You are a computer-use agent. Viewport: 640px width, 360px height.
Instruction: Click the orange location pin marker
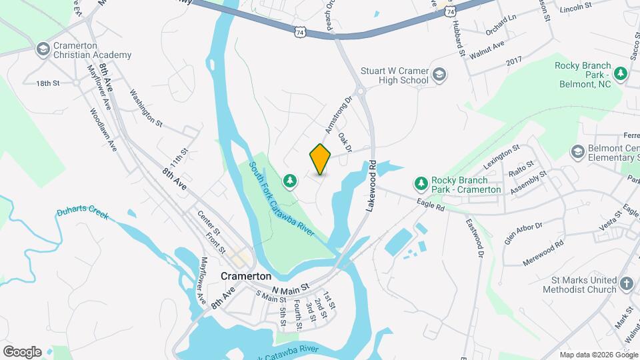[321, 159]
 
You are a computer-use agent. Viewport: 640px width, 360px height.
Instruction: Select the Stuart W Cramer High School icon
[439, 75]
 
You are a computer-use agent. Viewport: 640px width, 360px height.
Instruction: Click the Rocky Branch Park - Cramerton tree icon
[421, 183]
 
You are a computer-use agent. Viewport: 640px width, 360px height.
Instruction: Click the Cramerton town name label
[246, 276]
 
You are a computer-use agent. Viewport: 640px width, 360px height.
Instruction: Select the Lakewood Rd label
[371, 186]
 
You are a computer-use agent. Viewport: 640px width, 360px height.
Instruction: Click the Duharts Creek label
[82, 213]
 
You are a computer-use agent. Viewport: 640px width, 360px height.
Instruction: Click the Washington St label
[146, 108]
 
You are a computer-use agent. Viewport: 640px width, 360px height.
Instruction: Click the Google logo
[22, 351]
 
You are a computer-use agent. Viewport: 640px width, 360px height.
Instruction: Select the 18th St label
[48, 83]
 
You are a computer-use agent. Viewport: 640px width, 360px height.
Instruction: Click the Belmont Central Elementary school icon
[577, 153]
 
